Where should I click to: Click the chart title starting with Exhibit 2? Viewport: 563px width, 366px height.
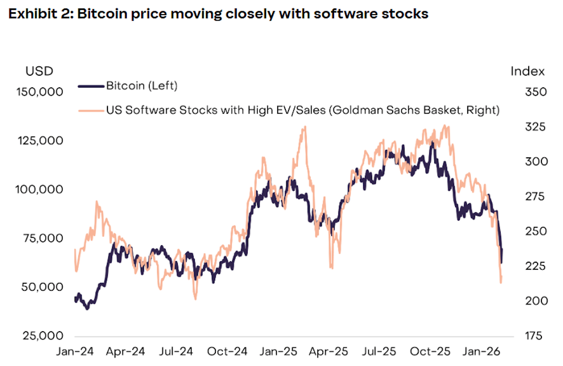pyautogui.click(x=218, y=14)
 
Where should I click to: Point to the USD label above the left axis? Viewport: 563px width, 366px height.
pyautogui.click(x=39, y=71)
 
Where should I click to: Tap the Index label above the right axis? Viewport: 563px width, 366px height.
pyautogui.click(x=528, y=71)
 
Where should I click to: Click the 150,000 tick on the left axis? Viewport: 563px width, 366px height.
pyautogui.click(x=39, y=92)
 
